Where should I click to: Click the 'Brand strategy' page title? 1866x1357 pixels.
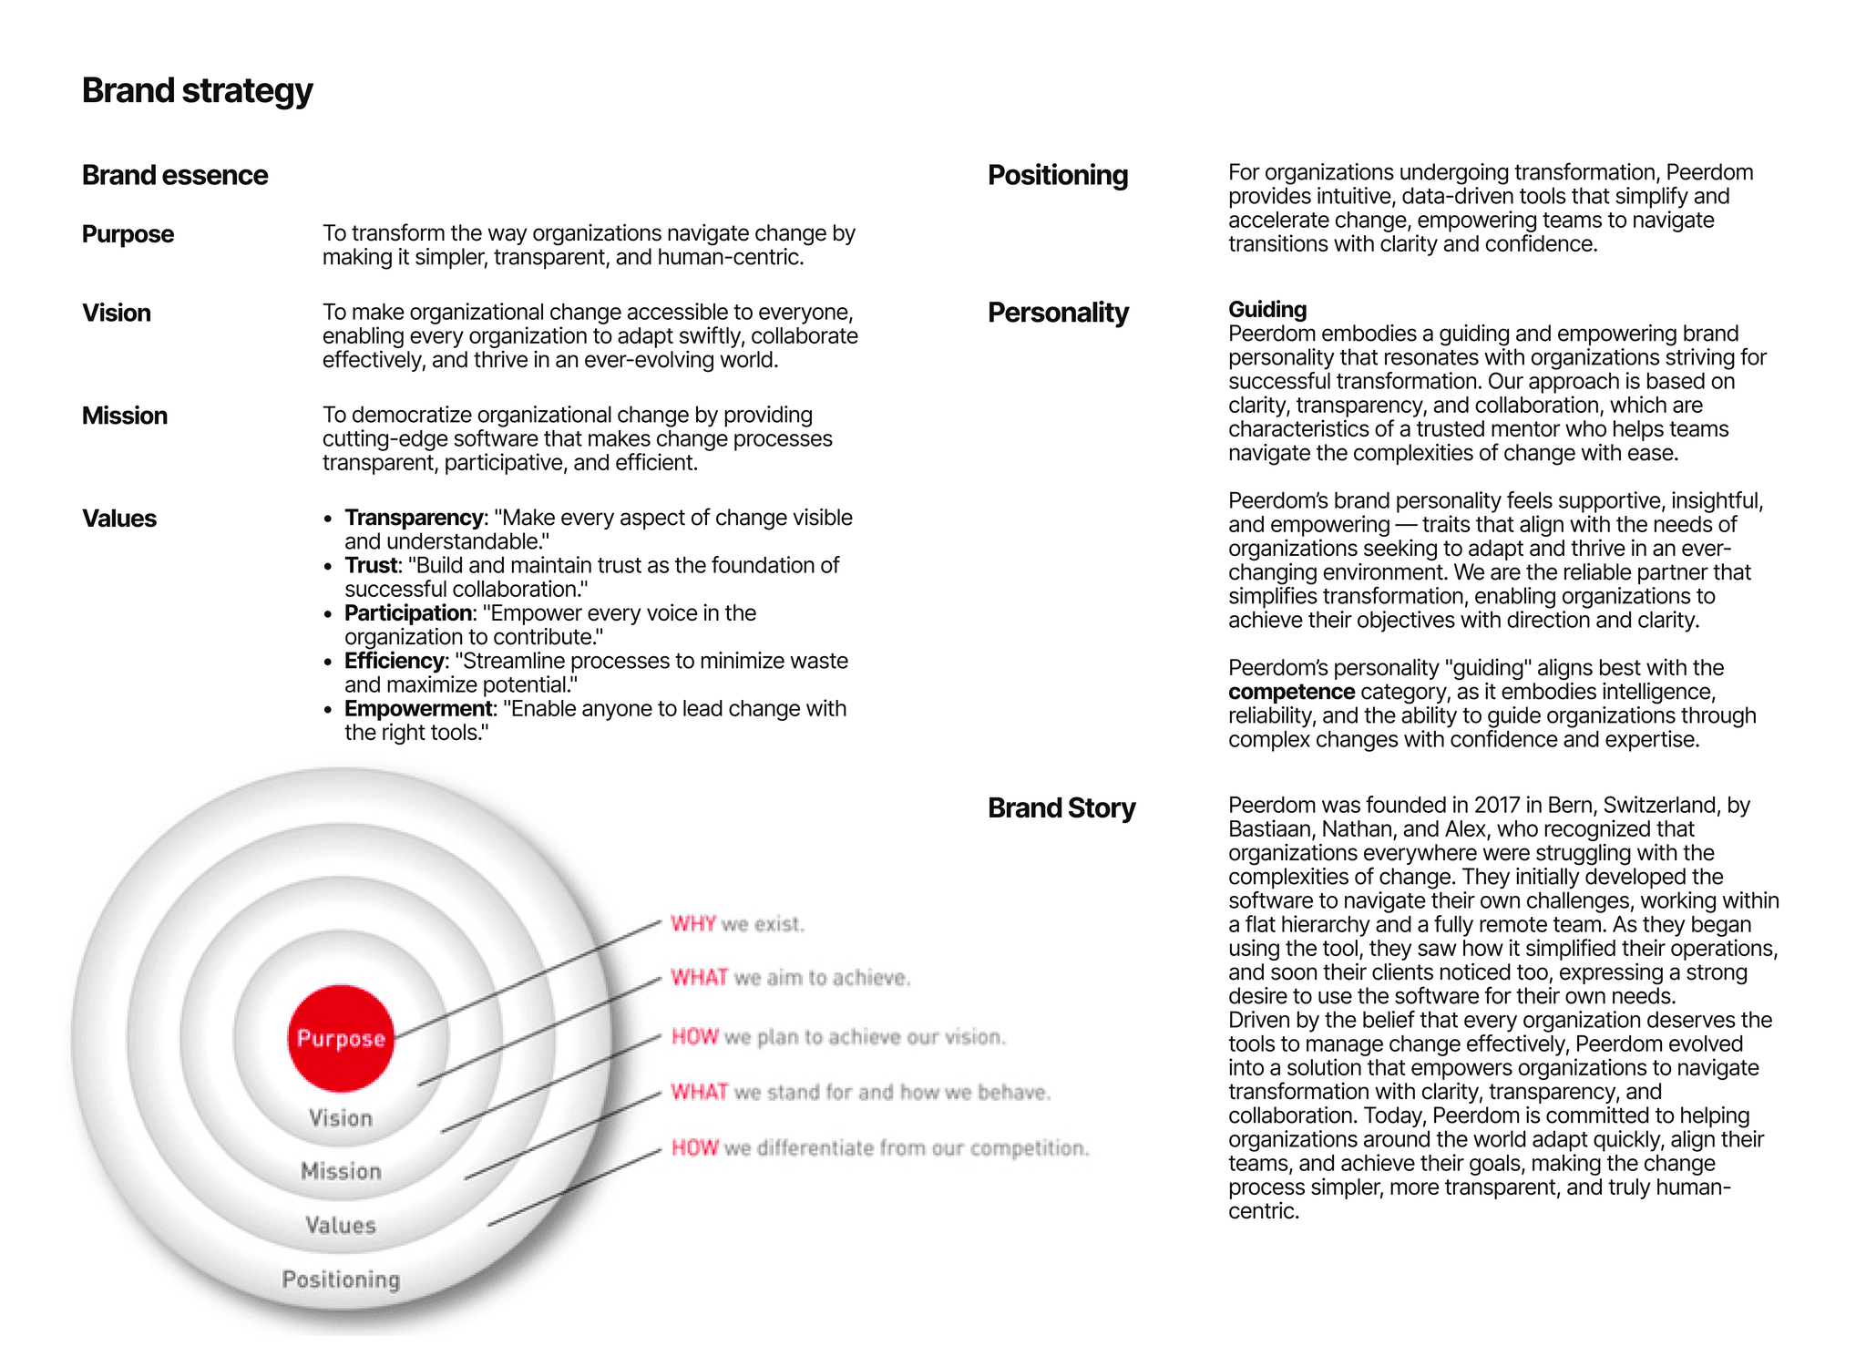point(197,91)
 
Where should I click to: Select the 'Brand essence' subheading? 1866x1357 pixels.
point(175,175)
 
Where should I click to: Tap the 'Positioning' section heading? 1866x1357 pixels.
point(1058,175)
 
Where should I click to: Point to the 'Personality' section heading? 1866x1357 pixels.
point(1058,313)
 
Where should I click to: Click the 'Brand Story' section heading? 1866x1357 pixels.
point(1061,808)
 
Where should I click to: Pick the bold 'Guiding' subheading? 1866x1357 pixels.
point(1267,310)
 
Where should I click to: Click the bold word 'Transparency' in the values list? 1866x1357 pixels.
point(414,518)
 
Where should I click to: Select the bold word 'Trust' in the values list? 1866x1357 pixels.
point(371,565)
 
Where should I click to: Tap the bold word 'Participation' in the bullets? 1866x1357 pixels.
point(407,613)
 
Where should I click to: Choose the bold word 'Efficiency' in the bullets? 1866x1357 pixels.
point(395,661)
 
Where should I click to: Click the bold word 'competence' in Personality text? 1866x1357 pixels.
point(1291,692)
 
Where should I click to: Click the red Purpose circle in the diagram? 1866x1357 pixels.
point(341,1038)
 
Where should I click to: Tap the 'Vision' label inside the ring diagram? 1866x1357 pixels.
point(341,1118)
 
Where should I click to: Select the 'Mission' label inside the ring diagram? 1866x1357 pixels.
point(341,1171)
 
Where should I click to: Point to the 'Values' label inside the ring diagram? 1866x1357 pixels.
point(341,1226)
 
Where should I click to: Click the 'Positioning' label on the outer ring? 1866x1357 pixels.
point(341,1280)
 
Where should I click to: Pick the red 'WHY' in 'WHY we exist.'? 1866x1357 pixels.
point(693,924)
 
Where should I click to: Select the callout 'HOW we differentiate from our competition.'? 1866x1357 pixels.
point(880,1148)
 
